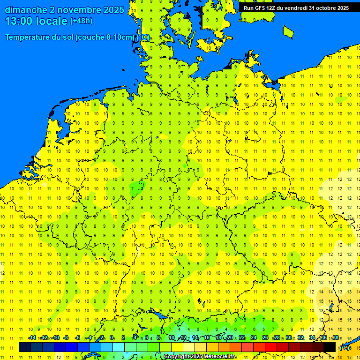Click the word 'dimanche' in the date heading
[x=25, y=10]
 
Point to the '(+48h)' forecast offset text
[x=81, y=21]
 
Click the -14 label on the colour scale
[x=32, y=337]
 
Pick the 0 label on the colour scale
[x=112, y=337]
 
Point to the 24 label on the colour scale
[x=254, y=337]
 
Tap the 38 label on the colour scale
[x=335, y=337]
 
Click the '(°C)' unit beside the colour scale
[x=345, y=348]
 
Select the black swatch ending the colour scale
[x=330, y=347]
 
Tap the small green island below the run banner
[x=288, y=31]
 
